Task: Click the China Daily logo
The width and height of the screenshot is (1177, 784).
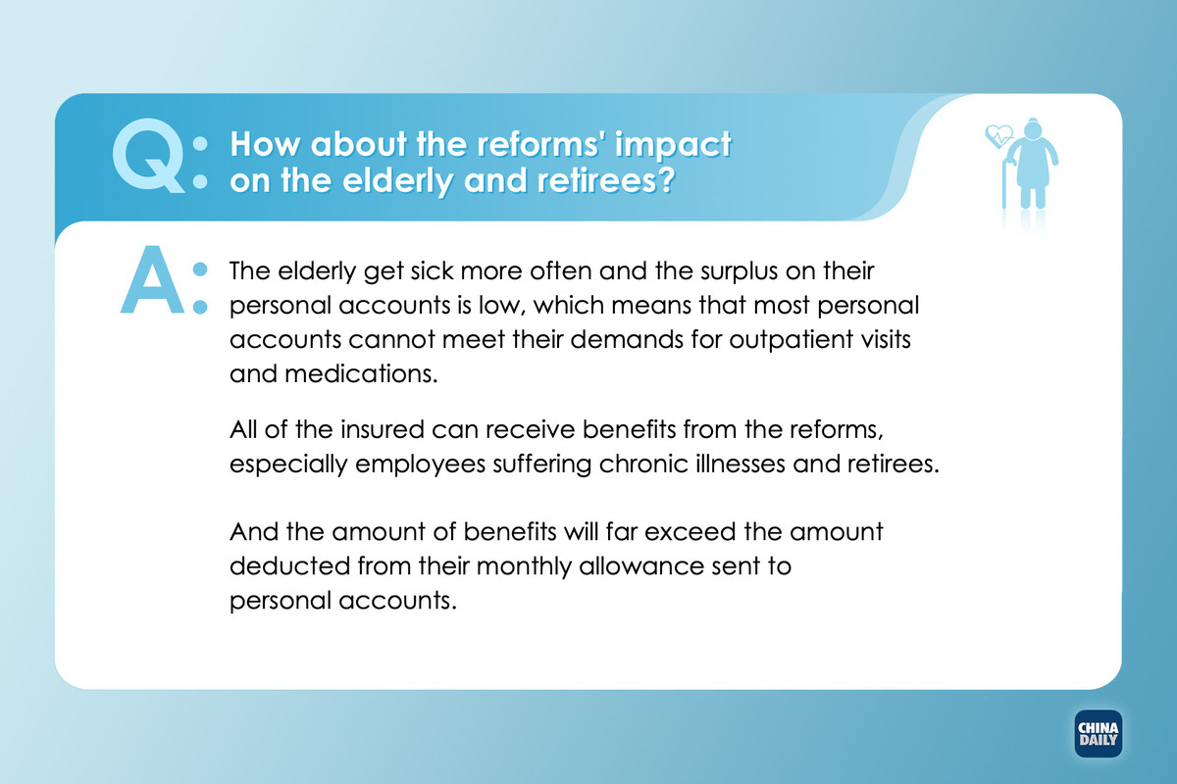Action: [x=1099, y=734]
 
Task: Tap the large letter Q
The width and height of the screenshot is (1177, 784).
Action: [x=148, y=156]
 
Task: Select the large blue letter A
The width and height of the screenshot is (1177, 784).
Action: [x=152, y=280]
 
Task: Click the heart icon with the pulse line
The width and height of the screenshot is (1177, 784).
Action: [x=998, y=136]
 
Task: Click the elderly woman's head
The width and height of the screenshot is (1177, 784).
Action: [x=1033, y=128]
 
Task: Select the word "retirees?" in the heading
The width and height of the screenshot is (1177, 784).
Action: [x=606, y=180]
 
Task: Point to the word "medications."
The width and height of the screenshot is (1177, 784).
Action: [x=361, y=374]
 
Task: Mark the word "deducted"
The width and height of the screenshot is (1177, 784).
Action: [x=289, y=566]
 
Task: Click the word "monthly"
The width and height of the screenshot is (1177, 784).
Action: [x=524, y=567]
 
